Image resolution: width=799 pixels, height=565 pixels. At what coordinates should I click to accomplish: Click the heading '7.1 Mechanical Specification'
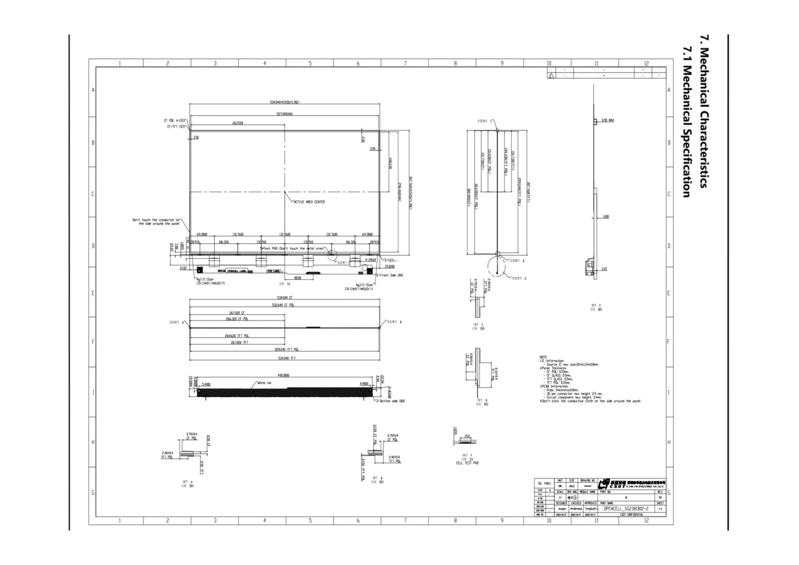point(686,122)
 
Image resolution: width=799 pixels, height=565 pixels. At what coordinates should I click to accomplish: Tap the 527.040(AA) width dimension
point(284,115)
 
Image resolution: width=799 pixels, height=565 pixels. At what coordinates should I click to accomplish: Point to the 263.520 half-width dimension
point(237,123)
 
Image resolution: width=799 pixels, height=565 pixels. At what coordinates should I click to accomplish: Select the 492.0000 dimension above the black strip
point(284,376)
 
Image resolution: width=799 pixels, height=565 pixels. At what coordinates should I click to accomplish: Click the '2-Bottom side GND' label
point(391,401)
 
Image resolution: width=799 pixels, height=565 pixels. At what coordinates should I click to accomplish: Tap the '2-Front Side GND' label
point(390,275)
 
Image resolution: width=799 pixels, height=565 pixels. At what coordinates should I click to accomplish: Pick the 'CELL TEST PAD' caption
point(467,463)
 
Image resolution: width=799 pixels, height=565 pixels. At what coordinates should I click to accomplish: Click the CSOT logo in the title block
point(606,483)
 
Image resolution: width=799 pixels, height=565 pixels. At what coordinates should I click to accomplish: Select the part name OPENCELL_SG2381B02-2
point(626,509)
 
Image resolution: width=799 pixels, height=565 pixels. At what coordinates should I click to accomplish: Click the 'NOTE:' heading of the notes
point(543,357)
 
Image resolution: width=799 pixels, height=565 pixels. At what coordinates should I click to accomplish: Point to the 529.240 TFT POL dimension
point(286,350)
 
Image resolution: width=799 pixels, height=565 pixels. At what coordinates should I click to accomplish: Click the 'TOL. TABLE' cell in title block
point(544,483)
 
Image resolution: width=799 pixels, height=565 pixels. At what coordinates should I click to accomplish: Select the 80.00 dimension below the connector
point(297,278)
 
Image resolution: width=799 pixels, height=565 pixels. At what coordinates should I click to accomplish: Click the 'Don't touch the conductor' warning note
point(156,221)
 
